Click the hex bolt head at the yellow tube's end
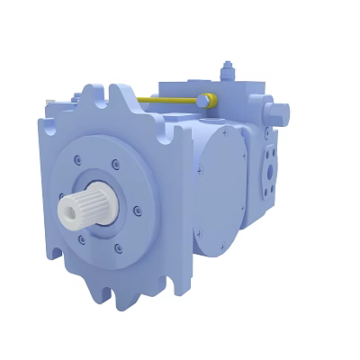point(206,99)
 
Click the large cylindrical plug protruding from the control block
point(278,112)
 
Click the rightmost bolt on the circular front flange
point(137,212)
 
